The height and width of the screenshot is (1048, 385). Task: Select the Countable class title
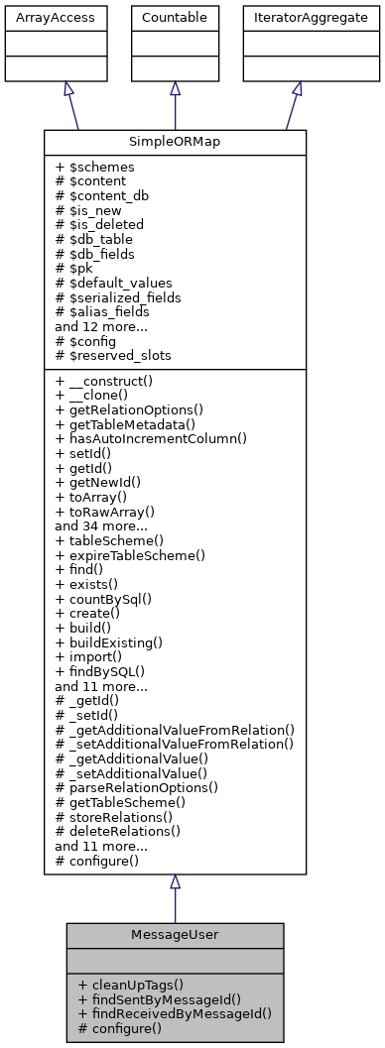point(175,18)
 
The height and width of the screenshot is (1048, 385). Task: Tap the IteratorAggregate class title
point(297,18)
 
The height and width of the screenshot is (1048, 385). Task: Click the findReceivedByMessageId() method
point(175,1013)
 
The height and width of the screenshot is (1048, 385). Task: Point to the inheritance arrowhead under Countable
point(175,89)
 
